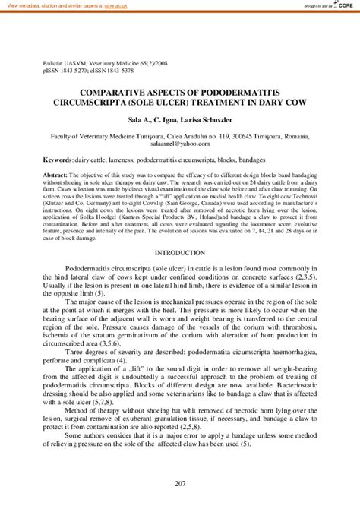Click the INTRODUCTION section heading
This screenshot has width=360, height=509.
pos(180,230)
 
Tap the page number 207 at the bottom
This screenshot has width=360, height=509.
pos(180,483)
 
